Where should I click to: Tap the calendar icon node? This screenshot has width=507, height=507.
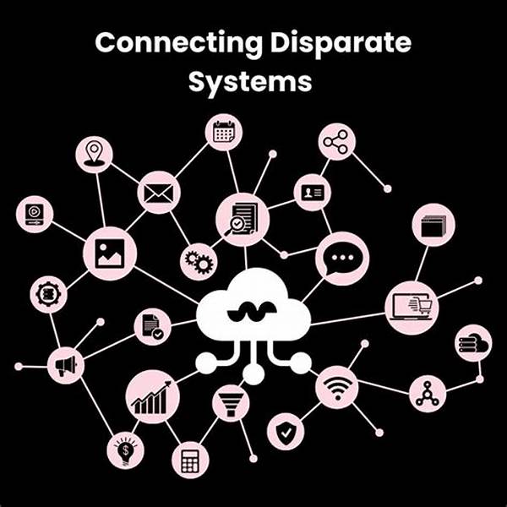224,133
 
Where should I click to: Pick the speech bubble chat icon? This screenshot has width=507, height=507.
342,256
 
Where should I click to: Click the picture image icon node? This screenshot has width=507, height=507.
110,252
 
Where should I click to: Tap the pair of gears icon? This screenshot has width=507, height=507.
199,261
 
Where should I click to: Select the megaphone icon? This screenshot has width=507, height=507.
65,364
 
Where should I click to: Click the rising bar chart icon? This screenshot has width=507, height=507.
152,397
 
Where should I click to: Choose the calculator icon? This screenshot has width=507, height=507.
189,460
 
